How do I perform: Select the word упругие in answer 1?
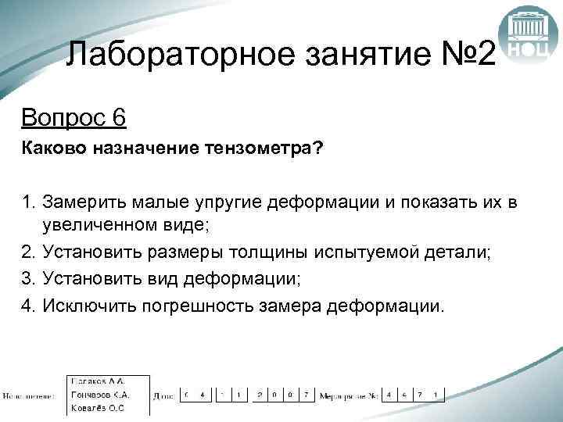pos(228,205)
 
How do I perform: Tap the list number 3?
pos(29,278)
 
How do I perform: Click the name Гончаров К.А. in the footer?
pos(99,394)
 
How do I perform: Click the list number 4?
pos(29,305)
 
